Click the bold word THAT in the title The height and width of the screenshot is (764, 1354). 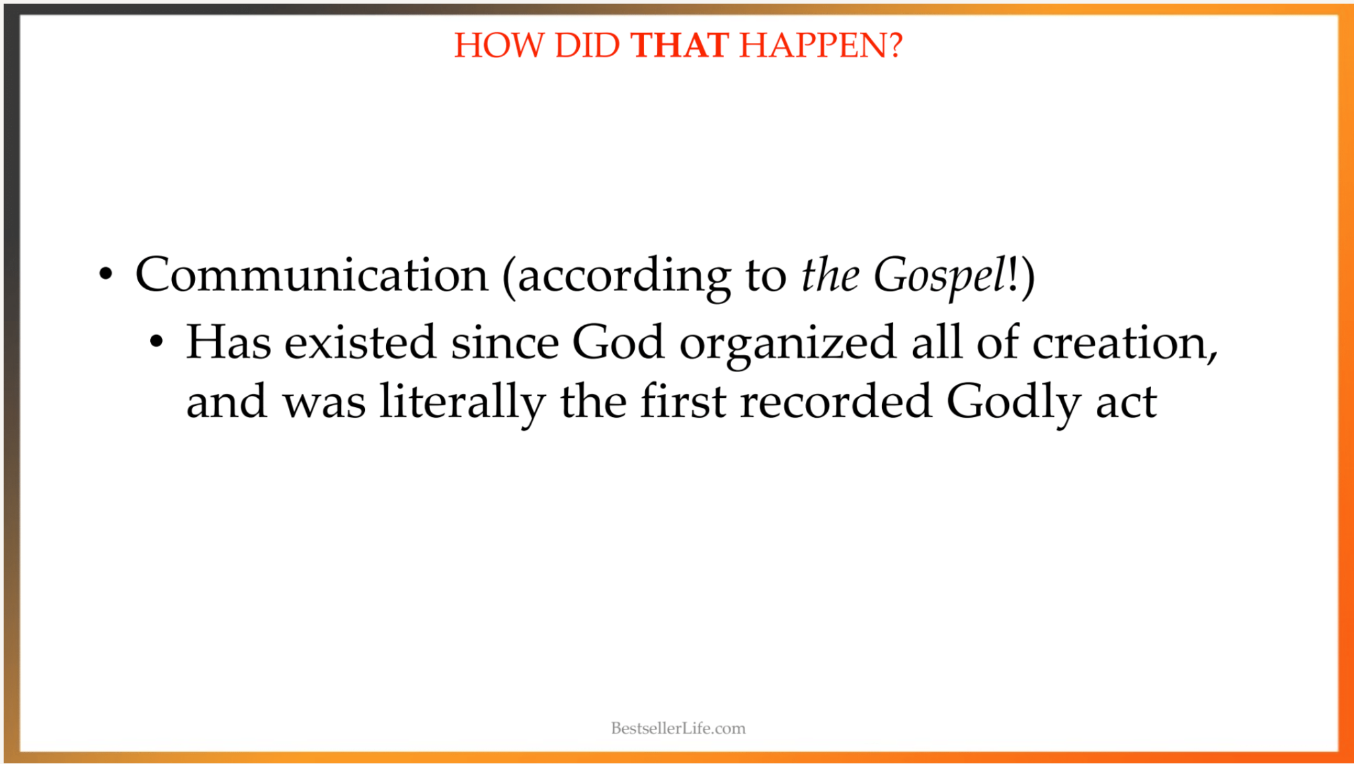tap(680, 46)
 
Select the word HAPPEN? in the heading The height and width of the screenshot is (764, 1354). tap(820, 46)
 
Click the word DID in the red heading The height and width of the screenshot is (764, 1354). tap(587, 46)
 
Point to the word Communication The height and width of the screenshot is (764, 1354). tap(311, 274)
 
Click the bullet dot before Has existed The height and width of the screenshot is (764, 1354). tap(156, 342)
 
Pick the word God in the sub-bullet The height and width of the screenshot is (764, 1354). tap(617, 342)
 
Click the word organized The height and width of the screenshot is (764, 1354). tap(787, 344)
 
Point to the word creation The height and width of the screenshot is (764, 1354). tap(1125, 343)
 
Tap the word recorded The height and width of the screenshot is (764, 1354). tap(836, 401)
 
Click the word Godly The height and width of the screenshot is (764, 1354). tap(1014, 403)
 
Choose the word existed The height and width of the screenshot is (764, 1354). tap(360, 342)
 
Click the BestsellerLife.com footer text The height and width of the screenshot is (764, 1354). tap(678, 728)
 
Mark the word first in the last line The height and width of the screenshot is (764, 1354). tap(684, 401)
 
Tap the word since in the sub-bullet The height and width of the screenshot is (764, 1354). tap(504, 342)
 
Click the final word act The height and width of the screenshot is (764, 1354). tap(1127, 402)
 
